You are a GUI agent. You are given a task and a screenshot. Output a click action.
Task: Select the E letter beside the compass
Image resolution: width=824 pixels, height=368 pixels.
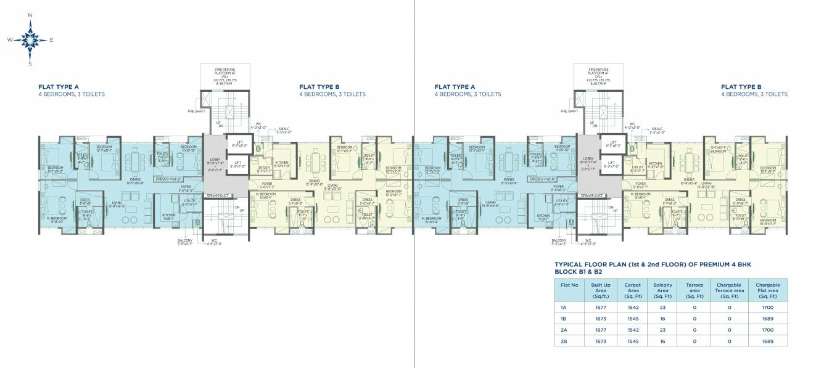(51, 40)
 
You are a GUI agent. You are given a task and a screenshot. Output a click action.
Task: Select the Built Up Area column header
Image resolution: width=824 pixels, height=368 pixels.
(601, 289)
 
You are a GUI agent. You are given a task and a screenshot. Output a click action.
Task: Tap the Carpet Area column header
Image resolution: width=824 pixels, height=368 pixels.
(632, 289)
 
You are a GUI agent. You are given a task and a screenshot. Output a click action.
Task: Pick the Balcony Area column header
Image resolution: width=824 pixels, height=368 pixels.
(663, 289)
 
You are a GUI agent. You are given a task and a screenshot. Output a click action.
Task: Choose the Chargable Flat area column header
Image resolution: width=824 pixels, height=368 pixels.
(767, 289)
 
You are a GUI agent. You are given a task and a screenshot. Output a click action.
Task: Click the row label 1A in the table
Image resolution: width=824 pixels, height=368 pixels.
(564, 306)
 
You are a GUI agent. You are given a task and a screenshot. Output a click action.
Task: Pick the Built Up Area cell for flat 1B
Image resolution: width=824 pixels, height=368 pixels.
(601, 318)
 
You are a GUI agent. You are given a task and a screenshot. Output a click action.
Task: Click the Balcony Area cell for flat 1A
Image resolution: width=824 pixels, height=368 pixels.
(663, 306)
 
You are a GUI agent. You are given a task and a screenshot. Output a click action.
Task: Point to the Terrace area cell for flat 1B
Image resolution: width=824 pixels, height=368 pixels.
(694, 318)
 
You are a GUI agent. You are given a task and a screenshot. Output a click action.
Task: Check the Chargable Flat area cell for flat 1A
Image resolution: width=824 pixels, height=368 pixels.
(767, 306)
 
